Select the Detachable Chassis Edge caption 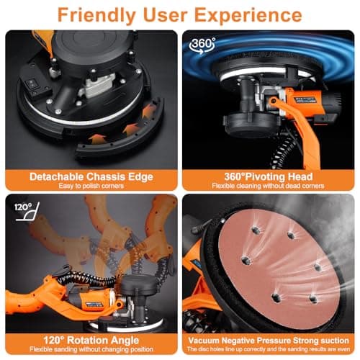point(89,176)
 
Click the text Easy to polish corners point(89,186)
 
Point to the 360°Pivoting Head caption point(269,176)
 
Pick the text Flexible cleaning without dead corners point(269,186)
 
